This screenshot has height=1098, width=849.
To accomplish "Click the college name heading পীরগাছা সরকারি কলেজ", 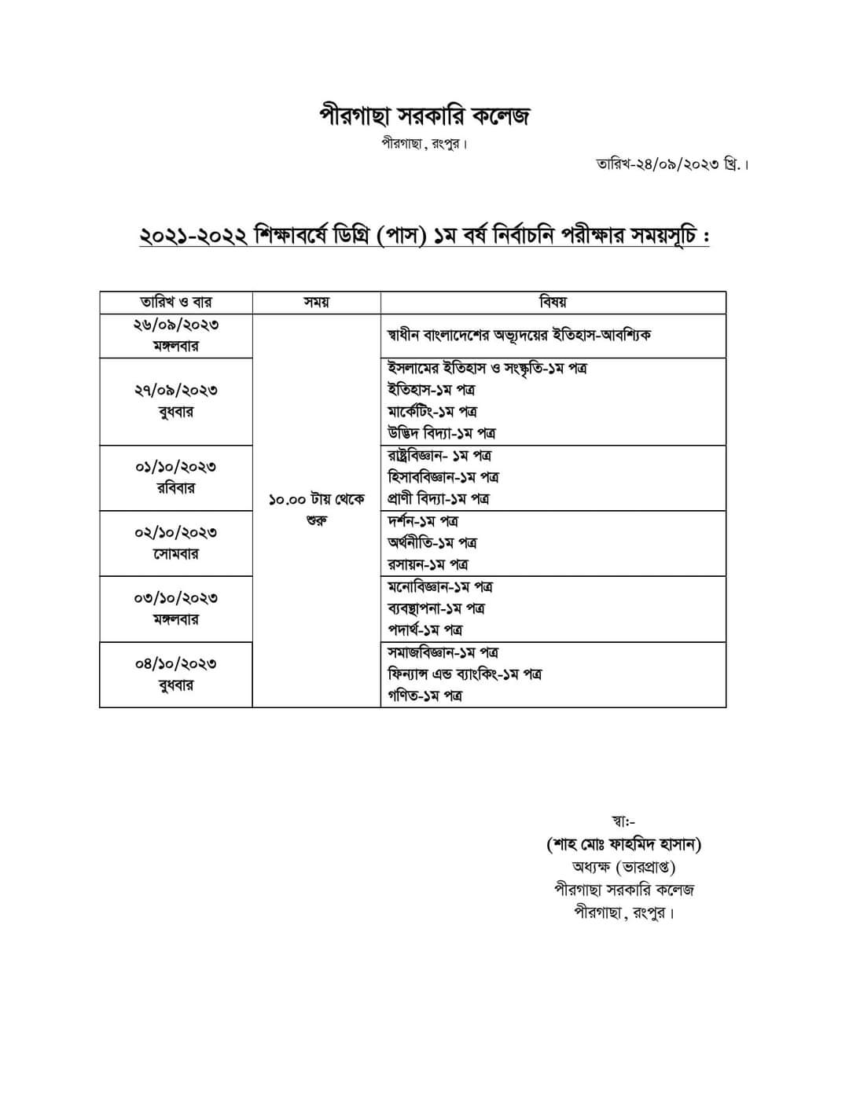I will [424, 116].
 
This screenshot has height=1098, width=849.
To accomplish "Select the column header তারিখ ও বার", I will [176, 303].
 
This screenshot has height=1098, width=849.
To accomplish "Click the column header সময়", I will [316, 303].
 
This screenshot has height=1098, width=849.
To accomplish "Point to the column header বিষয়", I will [553, 303].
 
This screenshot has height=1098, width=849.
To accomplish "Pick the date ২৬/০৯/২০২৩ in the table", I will [176, 325].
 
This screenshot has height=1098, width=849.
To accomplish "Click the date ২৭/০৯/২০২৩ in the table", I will [176, 390].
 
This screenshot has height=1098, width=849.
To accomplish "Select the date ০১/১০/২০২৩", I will [176, 467].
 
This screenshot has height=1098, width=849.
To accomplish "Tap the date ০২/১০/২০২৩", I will [176, 532].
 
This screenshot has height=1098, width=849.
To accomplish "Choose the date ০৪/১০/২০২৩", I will [176, 664].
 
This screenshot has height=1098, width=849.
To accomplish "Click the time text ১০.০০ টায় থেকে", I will [316, 500].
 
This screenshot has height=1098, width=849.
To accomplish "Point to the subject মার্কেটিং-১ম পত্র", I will [432, 411].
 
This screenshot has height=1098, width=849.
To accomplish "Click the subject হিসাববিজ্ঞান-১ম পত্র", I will [443, 477].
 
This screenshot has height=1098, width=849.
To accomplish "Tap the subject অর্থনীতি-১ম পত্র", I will [432, 542].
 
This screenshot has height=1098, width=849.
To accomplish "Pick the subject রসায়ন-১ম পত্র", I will [428, 564].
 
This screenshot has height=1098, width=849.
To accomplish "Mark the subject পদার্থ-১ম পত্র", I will [424, 630].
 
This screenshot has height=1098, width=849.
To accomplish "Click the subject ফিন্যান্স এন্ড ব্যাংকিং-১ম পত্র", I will [465, 674].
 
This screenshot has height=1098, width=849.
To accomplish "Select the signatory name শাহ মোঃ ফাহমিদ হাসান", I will [623, 845].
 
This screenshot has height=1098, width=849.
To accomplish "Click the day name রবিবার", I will [176, 488].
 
